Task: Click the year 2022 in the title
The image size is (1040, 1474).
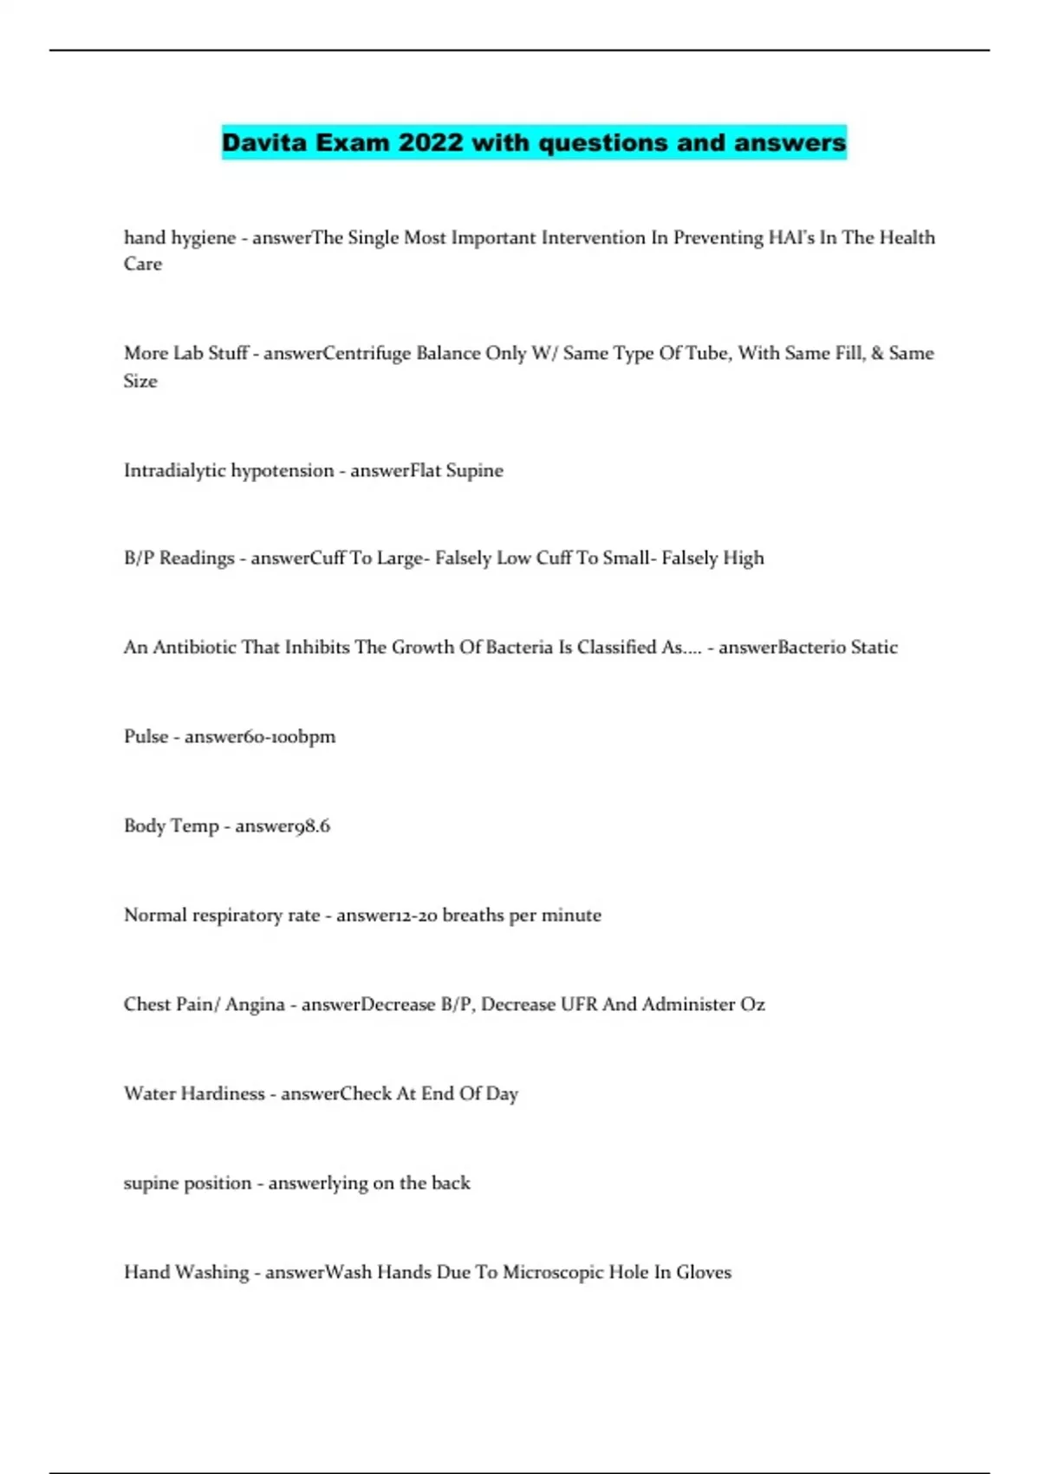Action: pos(431,142)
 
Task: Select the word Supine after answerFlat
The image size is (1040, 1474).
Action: pos(474,471)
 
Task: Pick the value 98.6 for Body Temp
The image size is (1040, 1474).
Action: pos(313,825)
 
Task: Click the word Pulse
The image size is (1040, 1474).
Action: pos(146,736)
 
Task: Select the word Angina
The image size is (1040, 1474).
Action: pos(255,1004)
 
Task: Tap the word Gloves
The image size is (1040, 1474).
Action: pos(704,1272)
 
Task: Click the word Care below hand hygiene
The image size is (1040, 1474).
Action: pos(143,264)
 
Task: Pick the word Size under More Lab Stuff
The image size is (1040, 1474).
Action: pos(140,381)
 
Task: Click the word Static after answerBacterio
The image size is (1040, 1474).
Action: pos(874,647)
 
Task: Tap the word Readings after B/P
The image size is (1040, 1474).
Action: pos(197,558)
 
